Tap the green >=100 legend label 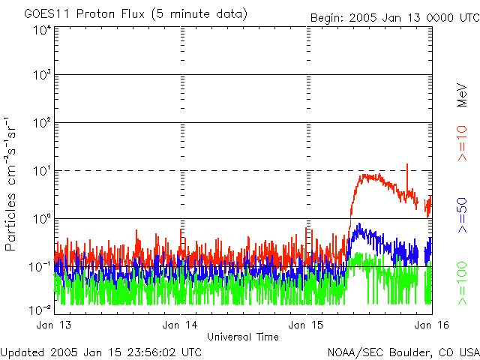click(463, 283)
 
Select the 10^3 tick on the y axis click(41, 76)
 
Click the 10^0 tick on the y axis click(41, 220)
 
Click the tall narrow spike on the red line click(407, 166)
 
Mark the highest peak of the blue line click(359, 224)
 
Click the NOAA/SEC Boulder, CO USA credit click(403, 351)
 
